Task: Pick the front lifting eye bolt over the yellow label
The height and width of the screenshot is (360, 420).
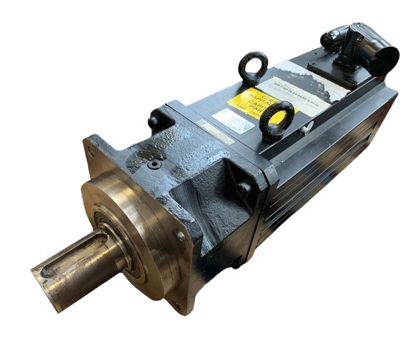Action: click(x=277, y=118)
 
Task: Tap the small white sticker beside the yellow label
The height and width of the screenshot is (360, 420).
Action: click(x=233, y=121)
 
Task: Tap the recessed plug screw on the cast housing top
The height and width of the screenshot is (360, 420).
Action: click(x=154, y=164)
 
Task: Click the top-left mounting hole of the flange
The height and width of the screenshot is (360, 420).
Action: click(x=90, y=151)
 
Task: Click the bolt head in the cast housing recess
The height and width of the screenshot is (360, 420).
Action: click(x=243, y=189)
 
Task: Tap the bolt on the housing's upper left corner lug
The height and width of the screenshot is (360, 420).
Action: click(x=153, y=121)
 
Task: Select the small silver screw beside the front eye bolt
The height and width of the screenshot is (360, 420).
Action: click(x=305, y=129)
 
